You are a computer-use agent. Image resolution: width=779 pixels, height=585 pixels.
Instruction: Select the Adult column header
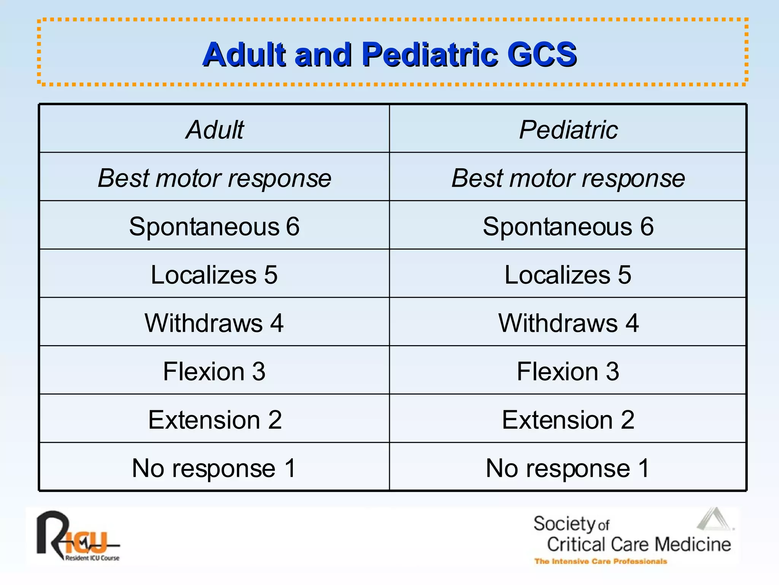click(215, 130)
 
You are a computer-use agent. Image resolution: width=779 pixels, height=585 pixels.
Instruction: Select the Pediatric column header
click(568, 130)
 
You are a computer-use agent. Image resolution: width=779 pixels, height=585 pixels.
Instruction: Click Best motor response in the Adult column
click(215, 178)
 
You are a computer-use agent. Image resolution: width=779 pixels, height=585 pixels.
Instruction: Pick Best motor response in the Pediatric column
click(568, 178)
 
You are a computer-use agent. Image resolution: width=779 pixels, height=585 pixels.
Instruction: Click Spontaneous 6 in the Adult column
click(214, 227)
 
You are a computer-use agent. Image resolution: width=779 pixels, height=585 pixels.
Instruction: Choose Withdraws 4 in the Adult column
click(214, 323)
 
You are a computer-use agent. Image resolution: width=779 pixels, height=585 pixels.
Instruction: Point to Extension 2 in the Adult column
click(215, 420)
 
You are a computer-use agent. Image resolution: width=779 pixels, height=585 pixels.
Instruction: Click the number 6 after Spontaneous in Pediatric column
click(647, 227)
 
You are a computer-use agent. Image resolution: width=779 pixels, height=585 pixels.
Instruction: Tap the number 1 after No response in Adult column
click(290, 468)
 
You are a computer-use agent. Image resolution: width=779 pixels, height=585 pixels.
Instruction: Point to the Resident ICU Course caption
click(92, 558)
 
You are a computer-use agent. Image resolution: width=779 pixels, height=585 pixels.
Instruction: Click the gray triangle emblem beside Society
click(714, 519)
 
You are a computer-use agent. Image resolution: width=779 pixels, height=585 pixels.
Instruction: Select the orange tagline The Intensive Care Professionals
click(601, 561)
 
